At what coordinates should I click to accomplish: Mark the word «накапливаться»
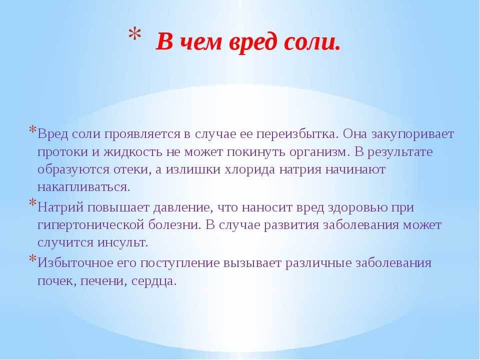coord(83,187)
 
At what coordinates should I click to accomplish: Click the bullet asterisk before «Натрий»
coord(32,203)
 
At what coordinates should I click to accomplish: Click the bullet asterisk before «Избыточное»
coord(32,259)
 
